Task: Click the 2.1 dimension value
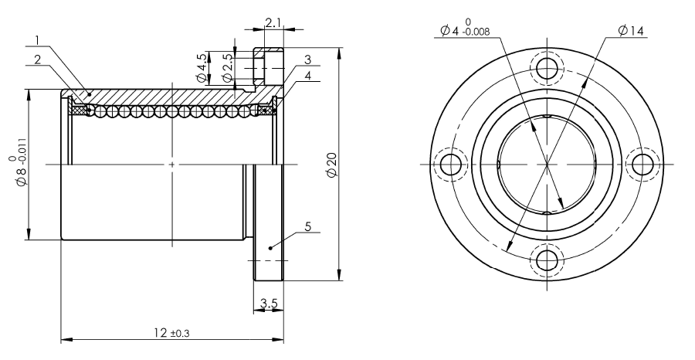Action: pos(273,22)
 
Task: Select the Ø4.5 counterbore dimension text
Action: pos(202,68)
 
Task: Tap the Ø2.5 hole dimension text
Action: pos(227,68)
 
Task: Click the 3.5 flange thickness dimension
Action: pos(269,304)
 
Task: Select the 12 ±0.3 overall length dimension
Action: pos(171,332)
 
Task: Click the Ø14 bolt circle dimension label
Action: pos(631,31)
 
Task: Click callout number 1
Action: pos(38,40)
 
